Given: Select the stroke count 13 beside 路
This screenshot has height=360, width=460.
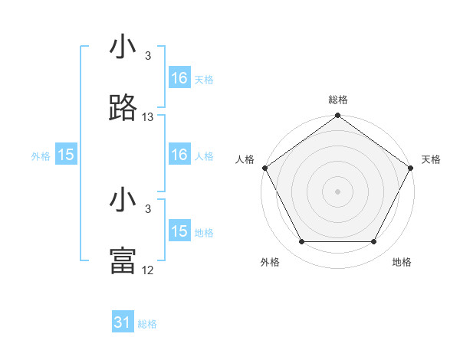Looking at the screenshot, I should [148, 117].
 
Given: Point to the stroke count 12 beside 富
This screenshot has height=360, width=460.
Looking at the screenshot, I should [148, 270].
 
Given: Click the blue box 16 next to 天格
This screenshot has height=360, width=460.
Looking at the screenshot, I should [179, 78].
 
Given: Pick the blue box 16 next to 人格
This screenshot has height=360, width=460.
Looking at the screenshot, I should [179, 155].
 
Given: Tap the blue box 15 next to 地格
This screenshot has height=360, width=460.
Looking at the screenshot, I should [179, 231].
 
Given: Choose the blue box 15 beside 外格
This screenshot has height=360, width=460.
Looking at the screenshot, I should [66, 155].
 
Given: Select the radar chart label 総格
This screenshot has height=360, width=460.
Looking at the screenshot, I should [338, 100].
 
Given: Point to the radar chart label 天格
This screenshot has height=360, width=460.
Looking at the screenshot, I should [431, 159].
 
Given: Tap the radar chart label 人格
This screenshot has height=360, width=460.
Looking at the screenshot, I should [245, 159].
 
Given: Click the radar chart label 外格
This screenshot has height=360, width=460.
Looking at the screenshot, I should [270, 262].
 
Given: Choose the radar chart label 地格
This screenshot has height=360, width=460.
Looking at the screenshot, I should [402, 262].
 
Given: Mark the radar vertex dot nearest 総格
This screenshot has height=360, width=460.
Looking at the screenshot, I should [338, 116].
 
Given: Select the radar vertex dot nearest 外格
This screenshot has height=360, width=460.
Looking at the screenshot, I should [301, 242].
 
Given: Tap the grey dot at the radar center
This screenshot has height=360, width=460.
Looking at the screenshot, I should [338, 191].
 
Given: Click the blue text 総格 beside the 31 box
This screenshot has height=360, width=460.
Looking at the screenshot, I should [147, 324].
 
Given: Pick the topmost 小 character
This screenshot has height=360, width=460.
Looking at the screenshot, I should [123, 47].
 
